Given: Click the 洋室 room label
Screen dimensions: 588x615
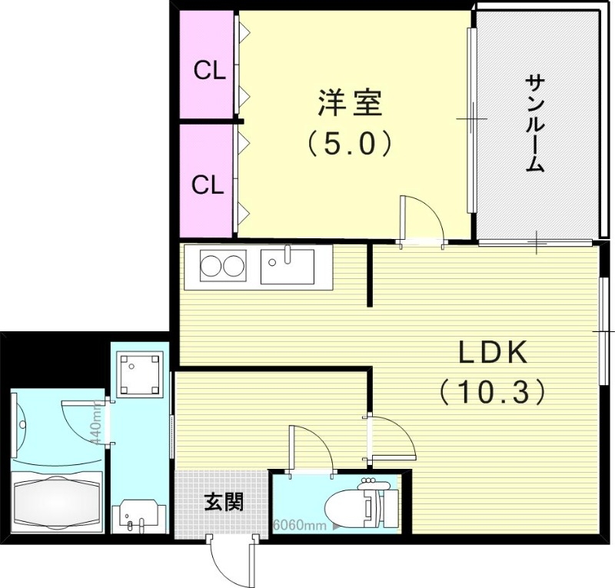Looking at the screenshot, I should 351,102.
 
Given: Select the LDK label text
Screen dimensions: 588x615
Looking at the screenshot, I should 492,353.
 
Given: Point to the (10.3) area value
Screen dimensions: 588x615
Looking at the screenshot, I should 492,393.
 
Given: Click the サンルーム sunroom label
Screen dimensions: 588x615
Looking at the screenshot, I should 536,123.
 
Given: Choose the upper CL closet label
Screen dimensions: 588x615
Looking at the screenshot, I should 208,71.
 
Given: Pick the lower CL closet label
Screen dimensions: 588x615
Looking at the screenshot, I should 208,184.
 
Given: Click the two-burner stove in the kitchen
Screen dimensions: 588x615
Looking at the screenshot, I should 222,267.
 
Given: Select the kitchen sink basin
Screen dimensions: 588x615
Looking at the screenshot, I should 286,267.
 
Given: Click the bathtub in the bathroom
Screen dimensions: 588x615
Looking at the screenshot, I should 58,503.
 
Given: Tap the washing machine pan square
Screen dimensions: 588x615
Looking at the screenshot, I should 140,374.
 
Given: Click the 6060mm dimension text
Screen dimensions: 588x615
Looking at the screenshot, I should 298,527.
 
